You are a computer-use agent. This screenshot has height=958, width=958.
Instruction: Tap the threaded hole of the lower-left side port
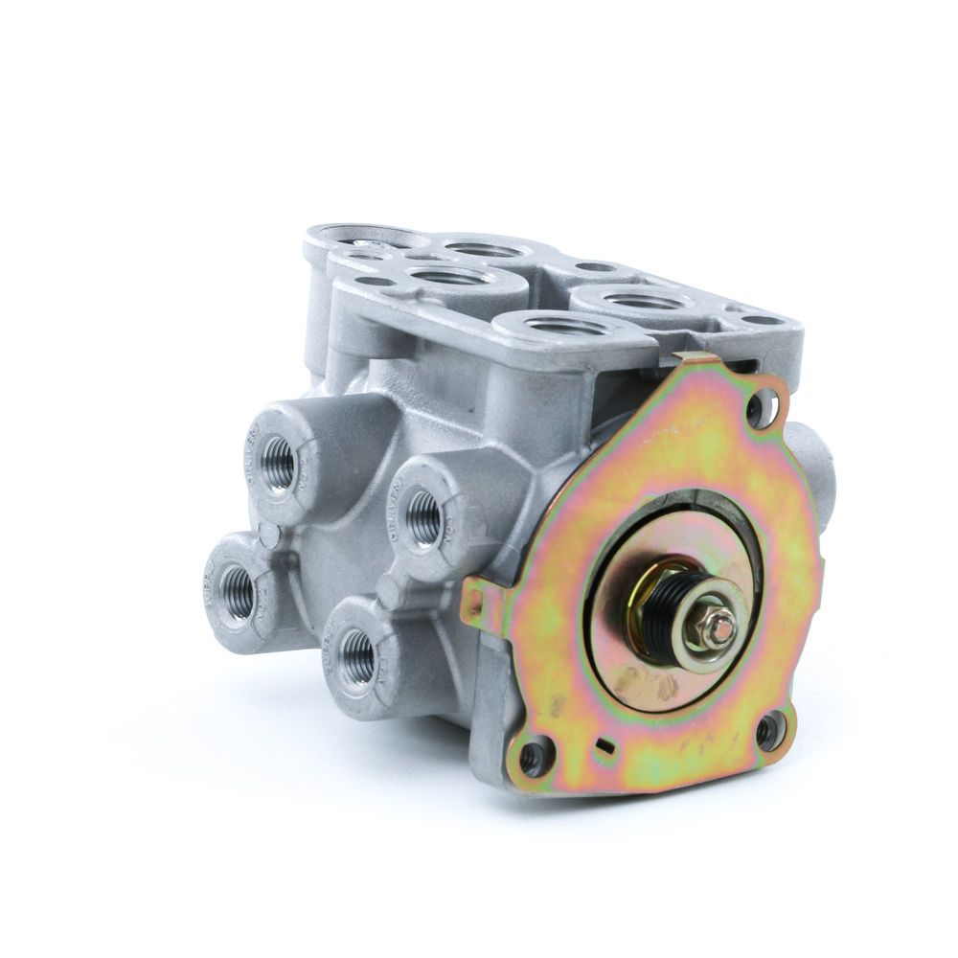[x=235, y=581]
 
